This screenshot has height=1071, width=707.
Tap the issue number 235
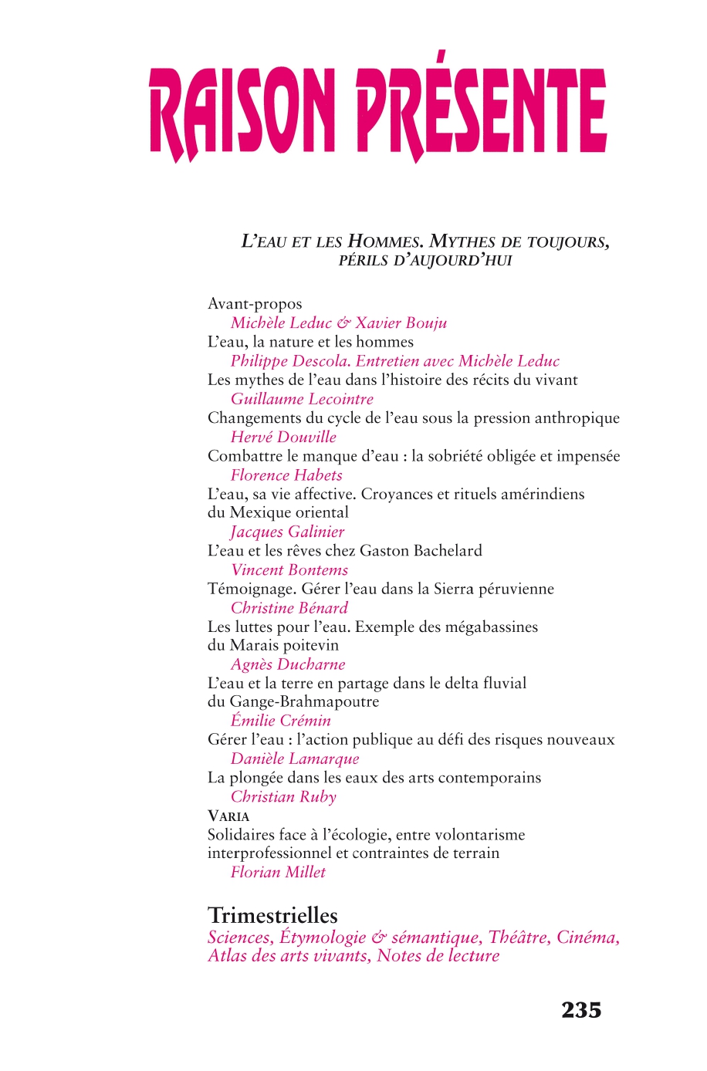pos(581,1010)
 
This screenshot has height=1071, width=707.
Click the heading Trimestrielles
pos(272,916)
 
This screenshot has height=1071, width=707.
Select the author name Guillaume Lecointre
pos(302,399)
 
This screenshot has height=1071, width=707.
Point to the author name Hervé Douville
pos(283,437)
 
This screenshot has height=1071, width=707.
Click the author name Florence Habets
pos(286,475)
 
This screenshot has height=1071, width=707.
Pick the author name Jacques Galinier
pos(287,532)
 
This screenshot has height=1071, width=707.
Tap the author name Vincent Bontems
pos(289,570)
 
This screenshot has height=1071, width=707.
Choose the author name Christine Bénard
pos(289,608)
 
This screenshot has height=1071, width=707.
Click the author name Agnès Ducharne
pos(288,664)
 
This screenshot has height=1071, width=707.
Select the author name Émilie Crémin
pos(281,721)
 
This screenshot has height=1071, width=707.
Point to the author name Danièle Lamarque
pos(295,758)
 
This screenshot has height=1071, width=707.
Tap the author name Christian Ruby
pos(283,797)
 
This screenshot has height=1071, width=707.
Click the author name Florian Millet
pos(278,872)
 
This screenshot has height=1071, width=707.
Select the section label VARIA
pos(228,816)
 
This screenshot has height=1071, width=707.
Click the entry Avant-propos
pos(255,304)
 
